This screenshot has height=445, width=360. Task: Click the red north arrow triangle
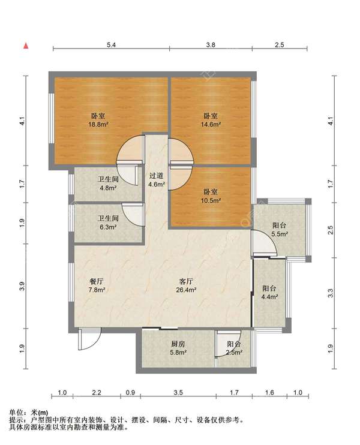tap(26, 46)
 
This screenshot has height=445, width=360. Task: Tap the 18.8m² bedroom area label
tap(98, 120)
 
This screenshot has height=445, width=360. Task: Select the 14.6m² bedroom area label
tap(211, 120)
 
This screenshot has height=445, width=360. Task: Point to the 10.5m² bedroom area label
tap(211, 196)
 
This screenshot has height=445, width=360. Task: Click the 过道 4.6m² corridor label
tap(157, 180)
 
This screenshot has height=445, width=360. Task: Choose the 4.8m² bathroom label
tap(108, 184)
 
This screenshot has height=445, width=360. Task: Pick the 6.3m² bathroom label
tap(108, 222)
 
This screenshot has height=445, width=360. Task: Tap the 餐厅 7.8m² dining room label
tap(97, 285)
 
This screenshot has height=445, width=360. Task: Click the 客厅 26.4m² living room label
tap(186, 285)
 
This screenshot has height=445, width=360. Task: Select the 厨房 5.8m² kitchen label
tap(179, 348)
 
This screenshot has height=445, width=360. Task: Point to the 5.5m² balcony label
tap(280, 230)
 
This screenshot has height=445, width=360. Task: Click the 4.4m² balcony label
tap(269, 293)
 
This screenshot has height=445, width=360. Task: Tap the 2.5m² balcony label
tap(234, 348)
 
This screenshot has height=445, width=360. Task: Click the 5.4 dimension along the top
tap(111, 45)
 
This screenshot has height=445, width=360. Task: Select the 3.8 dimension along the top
tap(211, 45)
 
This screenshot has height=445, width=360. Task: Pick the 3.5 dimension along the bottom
tap(178, 393)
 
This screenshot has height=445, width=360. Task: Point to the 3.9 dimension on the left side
tap(23, 286)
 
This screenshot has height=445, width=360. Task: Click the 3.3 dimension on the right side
tap(331, 293)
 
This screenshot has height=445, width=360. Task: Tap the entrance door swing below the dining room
tap(89, 339)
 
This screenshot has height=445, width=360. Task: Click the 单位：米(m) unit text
tap(29, 413)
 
